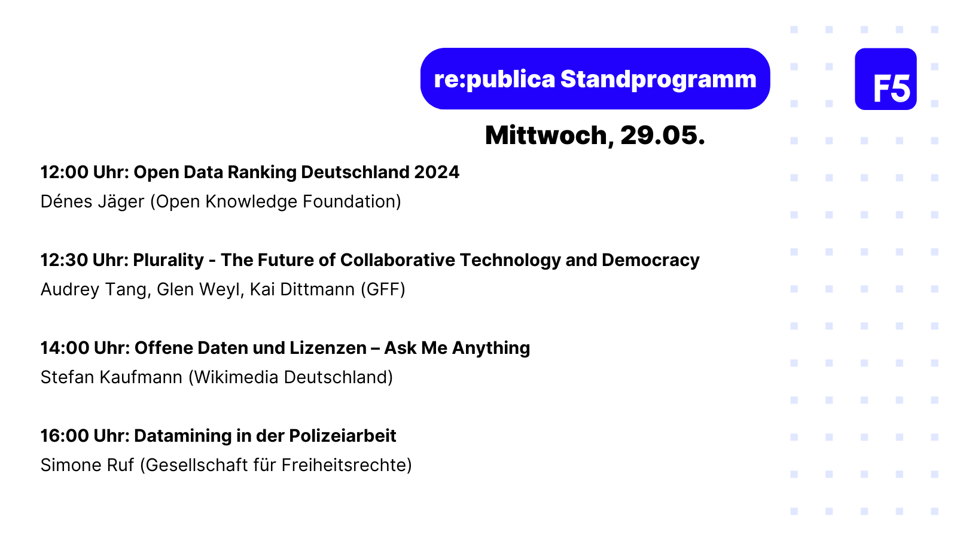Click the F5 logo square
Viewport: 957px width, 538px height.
tap(885, 79)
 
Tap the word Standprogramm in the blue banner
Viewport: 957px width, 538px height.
tap(659, 80)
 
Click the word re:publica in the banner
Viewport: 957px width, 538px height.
tap(494, 80)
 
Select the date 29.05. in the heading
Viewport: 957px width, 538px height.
tap(663, 135)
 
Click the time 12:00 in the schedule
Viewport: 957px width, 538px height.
tap(64, 172)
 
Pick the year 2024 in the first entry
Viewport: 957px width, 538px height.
tap(436, 172)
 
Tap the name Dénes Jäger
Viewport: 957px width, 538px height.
tap(92, 201)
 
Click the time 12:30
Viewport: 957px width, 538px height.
tap(63, 260)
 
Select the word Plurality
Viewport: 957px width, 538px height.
tap(168, 261)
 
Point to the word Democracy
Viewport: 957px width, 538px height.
tap(650, 261)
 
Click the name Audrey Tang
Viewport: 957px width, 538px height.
tap(94, 289)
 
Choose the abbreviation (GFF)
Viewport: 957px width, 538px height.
tap(383, 289)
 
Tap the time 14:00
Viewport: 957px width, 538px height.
tap(65, 348)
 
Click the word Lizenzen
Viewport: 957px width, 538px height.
tap(328, 348)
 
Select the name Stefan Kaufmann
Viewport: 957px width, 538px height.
tap(111, 377)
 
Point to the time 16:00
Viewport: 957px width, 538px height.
tap(65, 436)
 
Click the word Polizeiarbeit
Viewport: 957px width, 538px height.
tap(343, 436)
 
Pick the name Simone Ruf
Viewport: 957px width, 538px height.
tap(87, 466)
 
